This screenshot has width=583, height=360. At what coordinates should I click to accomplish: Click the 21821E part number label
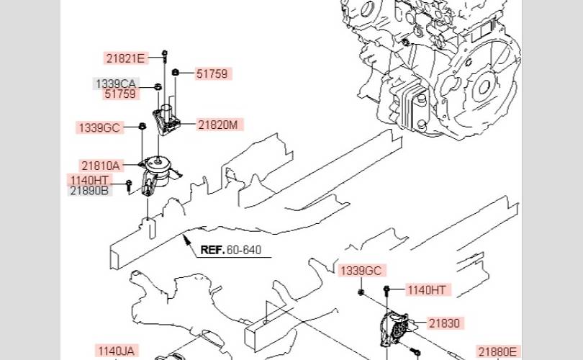125,58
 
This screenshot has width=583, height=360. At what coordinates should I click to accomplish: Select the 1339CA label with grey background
116,84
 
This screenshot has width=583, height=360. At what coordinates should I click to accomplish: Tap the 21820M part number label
218,125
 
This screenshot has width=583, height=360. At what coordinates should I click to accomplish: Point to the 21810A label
100,166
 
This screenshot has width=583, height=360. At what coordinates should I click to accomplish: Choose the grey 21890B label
89,190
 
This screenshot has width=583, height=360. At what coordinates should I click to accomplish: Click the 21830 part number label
444,323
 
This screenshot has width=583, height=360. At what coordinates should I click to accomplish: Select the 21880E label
497,351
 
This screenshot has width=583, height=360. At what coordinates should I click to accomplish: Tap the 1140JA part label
116,351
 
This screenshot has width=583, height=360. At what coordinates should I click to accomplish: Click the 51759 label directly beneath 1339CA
120,94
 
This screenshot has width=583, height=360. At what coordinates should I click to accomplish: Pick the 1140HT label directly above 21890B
89,181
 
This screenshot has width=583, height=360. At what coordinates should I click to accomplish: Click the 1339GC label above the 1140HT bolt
361,271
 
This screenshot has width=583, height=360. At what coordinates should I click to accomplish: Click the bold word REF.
212,250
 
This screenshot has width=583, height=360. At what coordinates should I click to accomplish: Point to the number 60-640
244,250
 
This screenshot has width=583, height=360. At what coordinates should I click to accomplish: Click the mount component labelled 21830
395,328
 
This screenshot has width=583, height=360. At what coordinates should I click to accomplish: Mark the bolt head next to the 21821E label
165,53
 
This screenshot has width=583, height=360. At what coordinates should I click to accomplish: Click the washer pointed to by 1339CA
158,86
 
